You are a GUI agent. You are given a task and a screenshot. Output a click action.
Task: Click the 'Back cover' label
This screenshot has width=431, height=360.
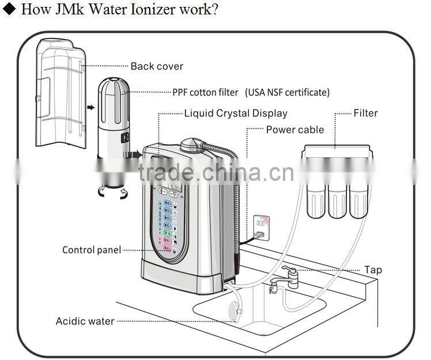[x=156, y=66]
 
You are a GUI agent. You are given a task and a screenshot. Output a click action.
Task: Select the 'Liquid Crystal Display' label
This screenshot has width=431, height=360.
[x=235, y=113]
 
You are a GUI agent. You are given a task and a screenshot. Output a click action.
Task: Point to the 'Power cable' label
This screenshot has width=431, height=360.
[x=294, y=130]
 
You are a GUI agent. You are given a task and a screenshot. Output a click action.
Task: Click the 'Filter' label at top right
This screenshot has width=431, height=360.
[x=365, y=113]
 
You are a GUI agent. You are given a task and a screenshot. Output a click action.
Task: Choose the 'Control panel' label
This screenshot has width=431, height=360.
[x=92, y=250]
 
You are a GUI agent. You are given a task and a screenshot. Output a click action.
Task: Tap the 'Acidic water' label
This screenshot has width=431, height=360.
[x=85, y=321]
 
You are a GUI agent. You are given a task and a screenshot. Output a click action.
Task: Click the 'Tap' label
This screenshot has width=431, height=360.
[x=373, y=270]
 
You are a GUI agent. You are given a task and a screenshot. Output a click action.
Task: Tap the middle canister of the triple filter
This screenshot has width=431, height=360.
[x=337, y=199]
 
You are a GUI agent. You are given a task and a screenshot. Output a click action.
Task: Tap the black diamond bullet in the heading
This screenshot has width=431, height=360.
[x=8, y=10]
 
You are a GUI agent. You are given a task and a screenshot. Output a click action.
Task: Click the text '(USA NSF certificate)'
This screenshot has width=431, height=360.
[x=288, y=92]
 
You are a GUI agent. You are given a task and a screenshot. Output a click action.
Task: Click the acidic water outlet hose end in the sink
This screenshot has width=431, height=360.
[x=237, y=312]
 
